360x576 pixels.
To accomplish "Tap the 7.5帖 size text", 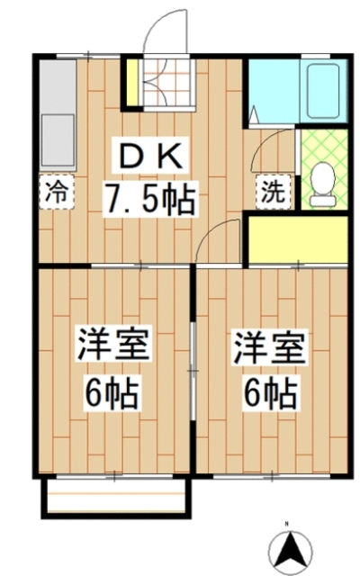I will [150, 198].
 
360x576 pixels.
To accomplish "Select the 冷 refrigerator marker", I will [56, 191].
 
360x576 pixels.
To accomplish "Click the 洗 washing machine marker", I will [271, 190].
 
